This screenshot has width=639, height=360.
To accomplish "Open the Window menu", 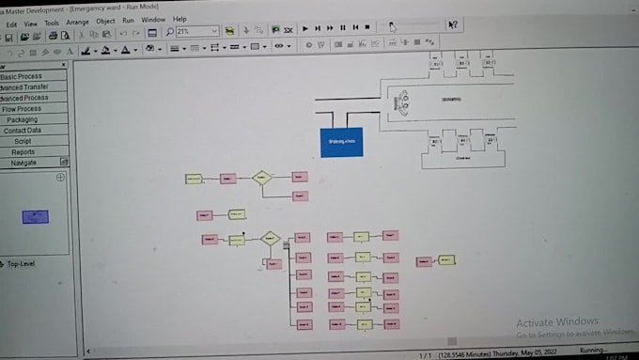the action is (x=153, y=20).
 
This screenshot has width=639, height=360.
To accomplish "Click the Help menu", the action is (x=179, y=19).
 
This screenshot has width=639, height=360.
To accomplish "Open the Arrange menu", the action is (x=78, y=21).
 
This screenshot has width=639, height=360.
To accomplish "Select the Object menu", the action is (x=105, y=21).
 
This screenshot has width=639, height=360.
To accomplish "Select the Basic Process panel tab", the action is (x=23, y=76).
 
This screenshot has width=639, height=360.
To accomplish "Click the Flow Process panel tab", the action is (x=23, y=109).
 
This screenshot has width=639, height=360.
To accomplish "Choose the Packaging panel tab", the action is (x=23, y=120).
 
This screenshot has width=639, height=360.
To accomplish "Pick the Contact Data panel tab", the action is (x=23, y=131).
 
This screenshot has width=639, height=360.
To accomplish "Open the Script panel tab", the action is (x=23, y=141).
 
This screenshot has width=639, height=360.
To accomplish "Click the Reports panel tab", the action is (x=23, y=151).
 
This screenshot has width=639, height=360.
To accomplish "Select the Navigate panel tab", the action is (x=24, y=163).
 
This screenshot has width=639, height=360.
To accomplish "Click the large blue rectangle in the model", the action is (x=342, y=141).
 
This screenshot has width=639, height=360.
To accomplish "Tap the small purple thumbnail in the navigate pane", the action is (x=36, y=216).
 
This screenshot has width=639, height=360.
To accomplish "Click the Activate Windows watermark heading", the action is (x=557, y=322).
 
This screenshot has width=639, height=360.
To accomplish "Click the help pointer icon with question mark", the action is (x=453, y=25).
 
